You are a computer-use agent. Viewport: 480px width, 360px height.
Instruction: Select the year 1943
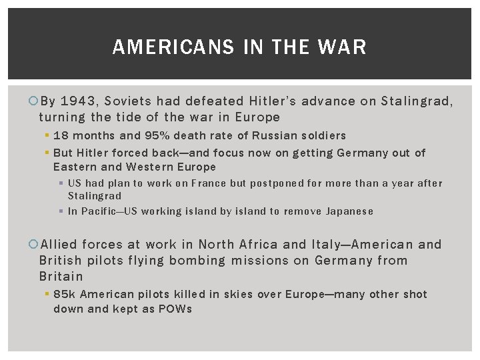pyautogui.click(x=79, y=101)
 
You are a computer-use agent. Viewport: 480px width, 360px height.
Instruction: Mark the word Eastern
pyautogui.click(x=74, y=167)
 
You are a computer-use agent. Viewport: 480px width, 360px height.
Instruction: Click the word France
pyautogui.click(x=208, y=183)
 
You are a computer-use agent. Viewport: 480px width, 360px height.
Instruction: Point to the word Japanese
pyautogui.click(x=349, y=211)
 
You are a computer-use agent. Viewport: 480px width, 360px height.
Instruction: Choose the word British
pyautogui.click(x=59, y=260)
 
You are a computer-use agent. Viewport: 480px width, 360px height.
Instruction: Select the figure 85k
pyautogui.click(x=65, y=294)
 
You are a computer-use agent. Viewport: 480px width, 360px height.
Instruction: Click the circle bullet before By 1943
pyautogui.click(x=34, y=102)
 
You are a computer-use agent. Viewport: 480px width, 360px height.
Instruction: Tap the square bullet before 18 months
pyautogui.click(x=49, y=136)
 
